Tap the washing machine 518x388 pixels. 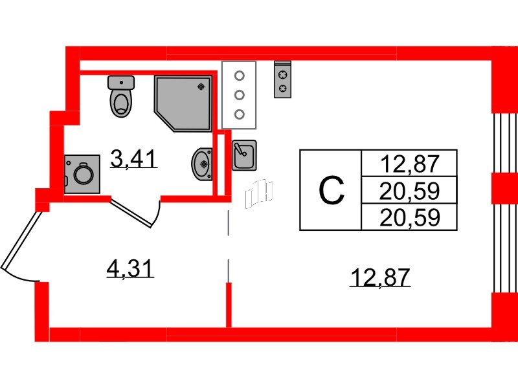pyautogui.click(x=82, y=173)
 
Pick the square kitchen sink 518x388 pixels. pyautogui.click(x=243, y=155)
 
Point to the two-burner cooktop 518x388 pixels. pyautogui.click(x=283, y=80)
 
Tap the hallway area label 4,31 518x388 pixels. pyautogui.click(x=130, y=266)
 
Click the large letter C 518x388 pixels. pyautogui.click(x=332, y=190)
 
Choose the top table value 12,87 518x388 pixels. pyautogui.click(x=410, y=164)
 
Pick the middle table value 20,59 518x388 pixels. pyautogui.click(x=410, y=191)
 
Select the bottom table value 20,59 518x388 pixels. pyautogui.click(x=410, y=217)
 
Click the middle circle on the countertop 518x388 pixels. pyautogui.click(x=239, y=95)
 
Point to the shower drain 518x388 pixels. pyautogui.click(x=203, y=85)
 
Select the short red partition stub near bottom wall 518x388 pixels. pyautogui.click(x=228, y=304)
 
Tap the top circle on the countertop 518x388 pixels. pyautogui.click(x=239, y=75)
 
